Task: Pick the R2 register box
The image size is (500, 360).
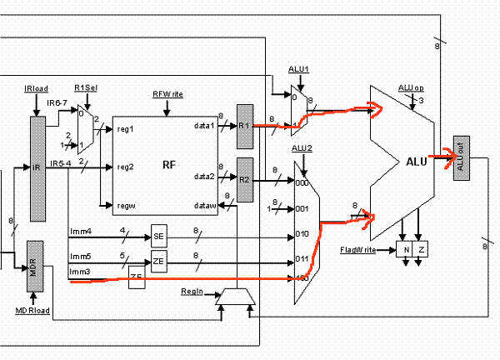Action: (x=244, y=179)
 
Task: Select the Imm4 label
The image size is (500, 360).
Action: (x=79, y=231)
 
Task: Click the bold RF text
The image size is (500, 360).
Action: (x=167, y=165)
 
